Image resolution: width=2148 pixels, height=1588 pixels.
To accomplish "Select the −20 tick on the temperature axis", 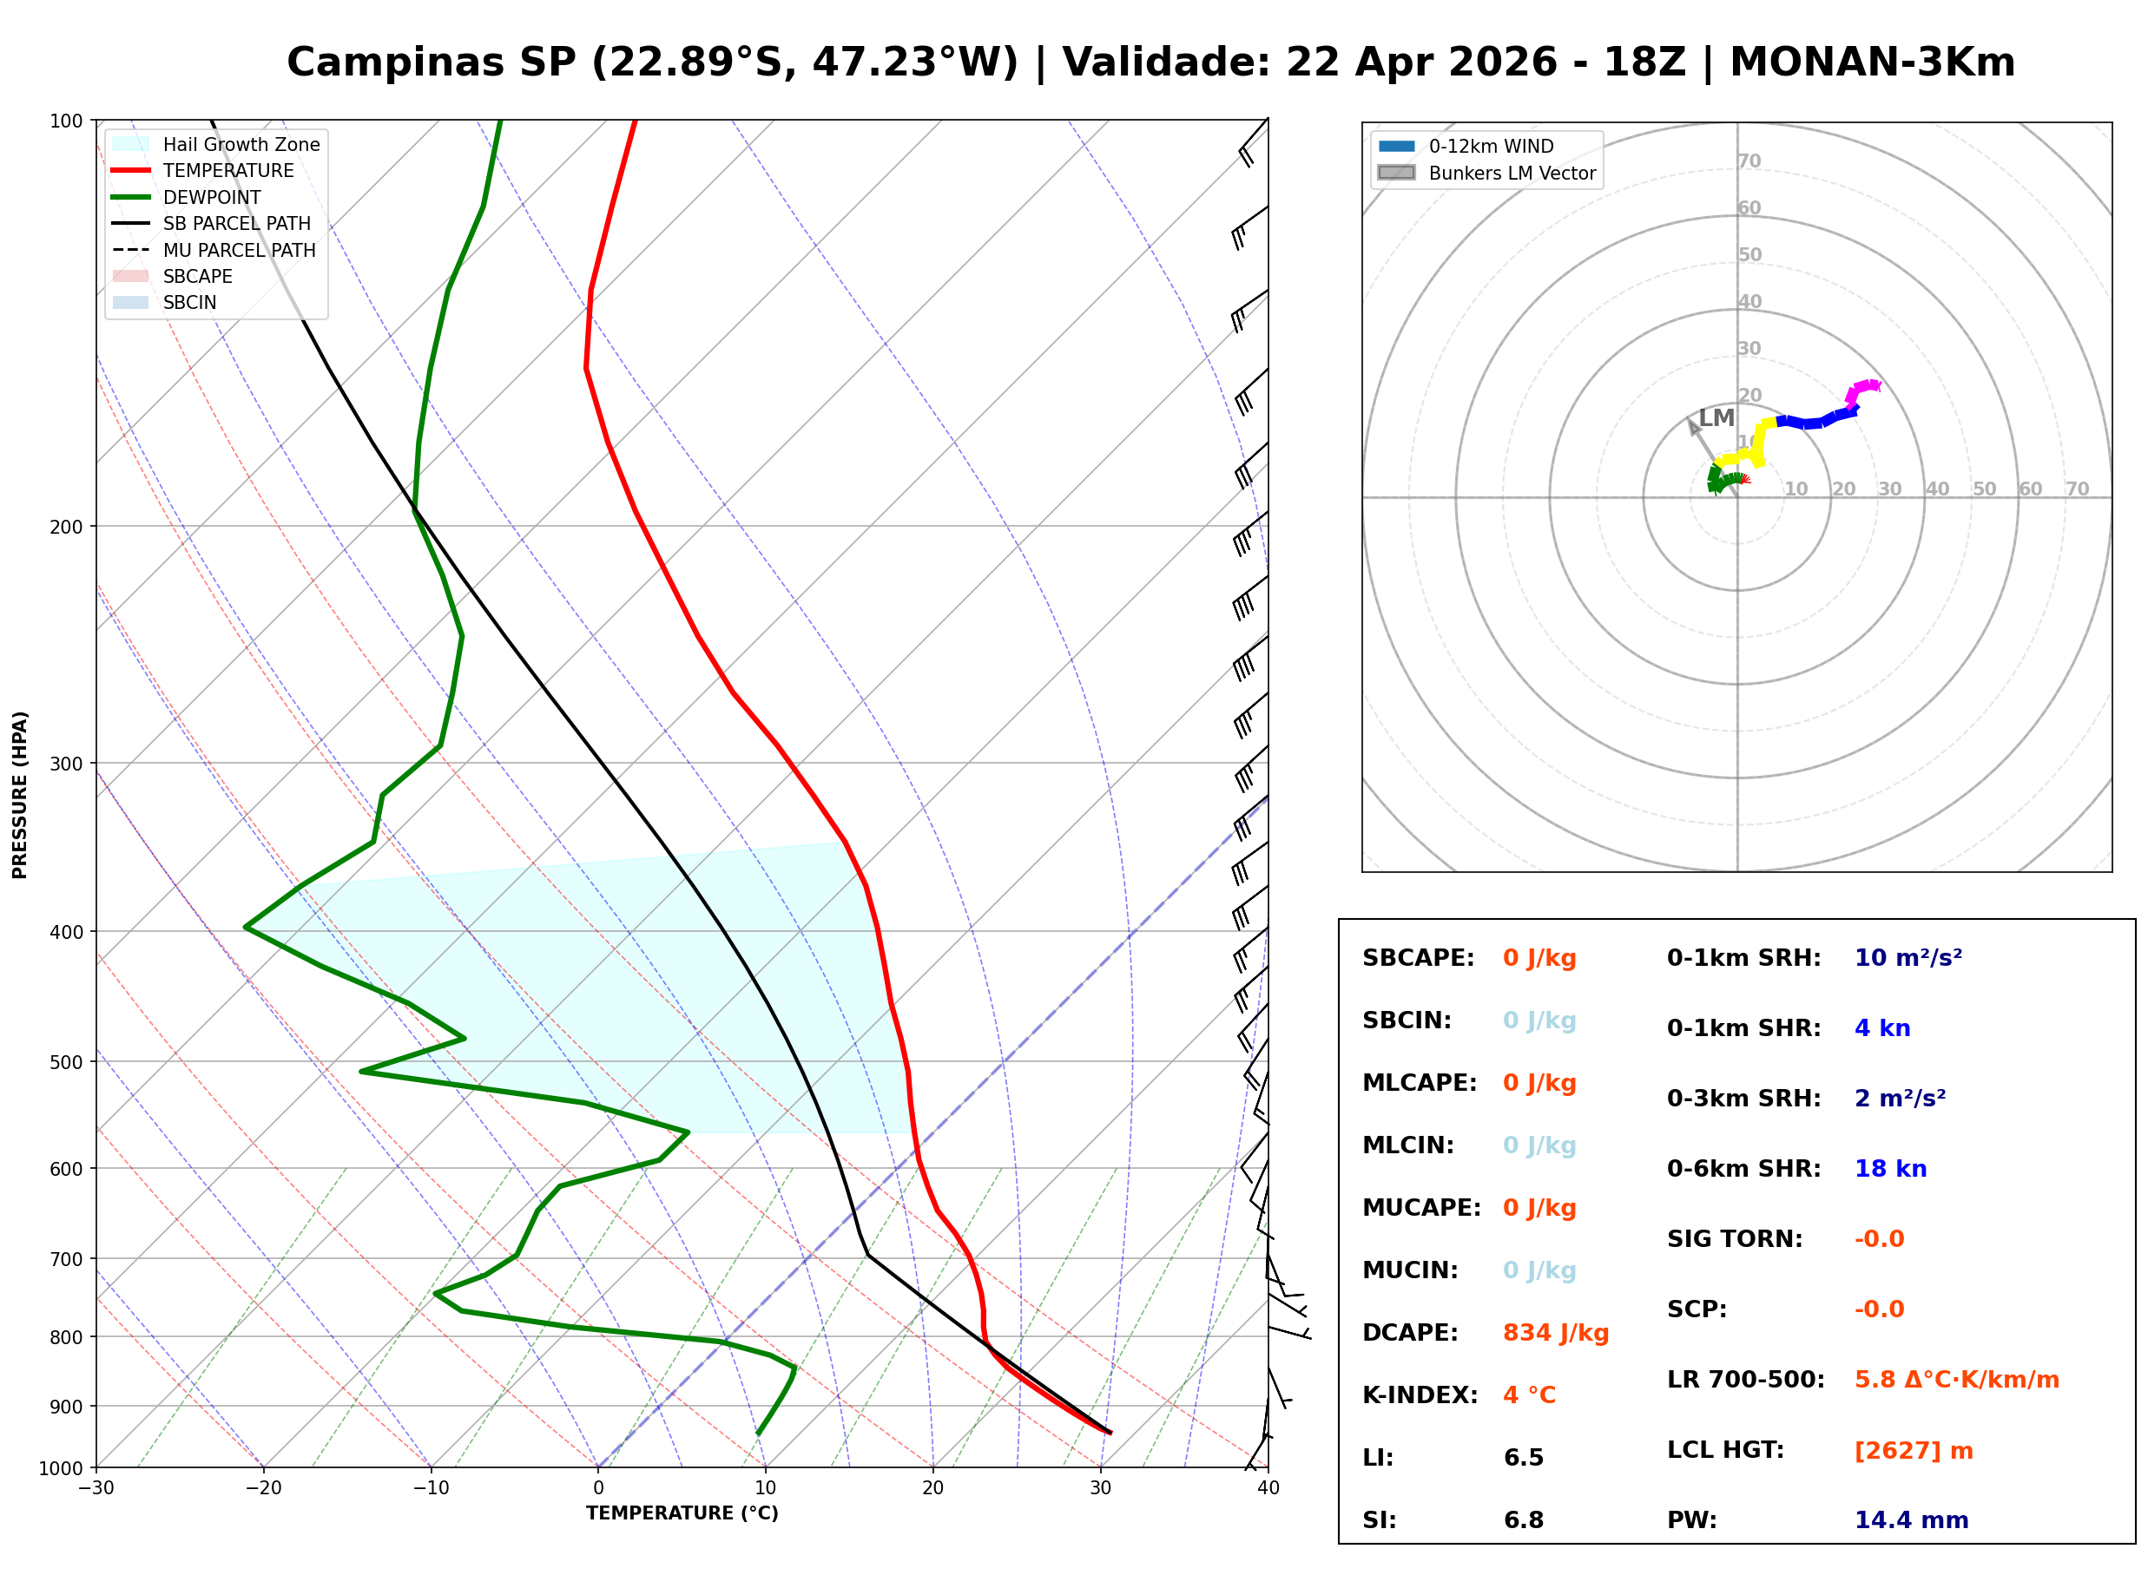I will (x=262, y=1488).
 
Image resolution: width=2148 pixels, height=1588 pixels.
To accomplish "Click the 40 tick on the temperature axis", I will (x=1268, y=1488).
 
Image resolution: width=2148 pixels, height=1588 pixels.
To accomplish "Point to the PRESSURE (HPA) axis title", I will (x=20, y=794).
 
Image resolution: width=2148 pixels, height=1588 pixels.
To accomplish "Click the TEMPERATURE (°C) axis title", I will (x=682, y=1513).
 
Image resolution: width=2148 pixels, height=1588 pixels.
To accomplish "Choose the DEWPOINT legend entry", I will (x=212, y=197).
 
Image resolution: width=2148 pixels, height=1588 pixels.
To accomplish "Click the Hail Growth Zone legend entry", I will (x=240, y=144).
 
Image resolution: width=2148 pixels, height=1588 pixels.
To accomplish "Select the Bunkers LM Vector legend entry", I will (x=1511, y=173).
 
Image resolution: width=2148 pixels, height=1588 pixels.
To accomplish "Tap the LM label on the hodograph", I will (x=1716, y=418).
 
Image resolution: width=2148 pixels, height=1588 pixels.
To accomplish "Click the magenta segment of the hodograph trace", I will (x=1861, y=389).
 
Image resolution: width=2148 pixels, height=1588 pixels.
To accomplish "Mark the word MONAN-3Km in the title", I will (x=1871, y=62).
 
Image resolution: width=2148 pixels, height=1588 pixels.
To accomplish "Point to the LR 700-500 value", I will (x=1956, y=1380).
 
